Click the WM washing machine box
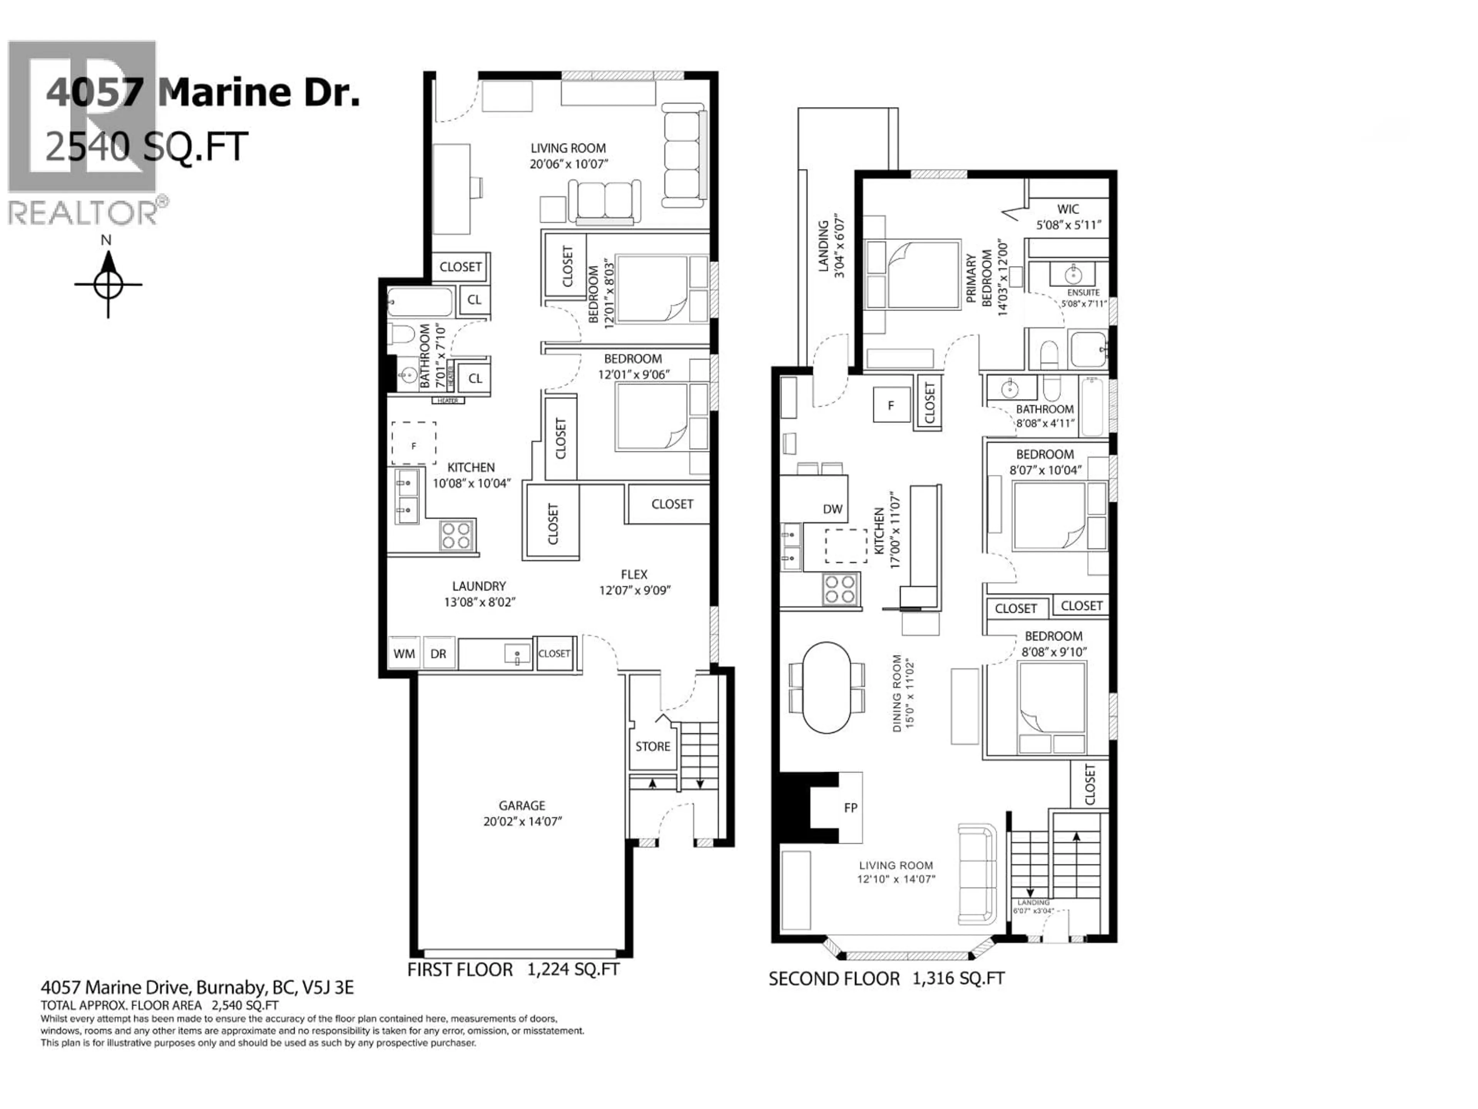[x=404, y=653]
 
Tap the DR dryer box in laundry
[x=438, y=653]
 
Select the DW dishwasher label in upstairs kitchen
[x=833, y=509]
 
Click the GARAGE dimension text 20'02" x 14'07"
[x=523, y=821]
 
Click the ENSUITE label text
[x=1083, y=293]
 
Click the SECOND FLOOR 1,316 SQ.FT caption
[x=886, y=978]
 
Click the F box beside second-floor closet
[x=891, y=405]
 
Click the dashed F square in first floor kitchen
[x=414, y=443]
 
